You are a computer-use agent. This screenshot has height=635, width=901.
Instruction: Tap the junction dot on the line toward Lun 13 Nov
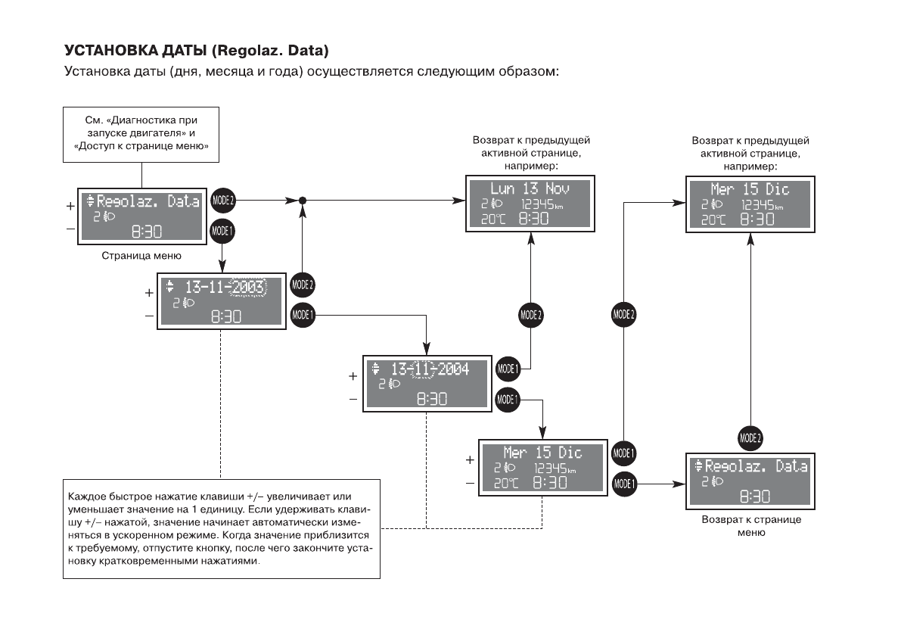click(302, 201)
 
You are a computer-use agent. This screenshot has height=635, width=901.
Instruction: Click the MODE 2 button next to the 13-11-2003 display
click(302, 285)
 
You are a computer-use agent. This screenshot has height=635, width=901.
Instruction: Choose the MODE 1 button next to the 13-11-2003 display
click(302, 313)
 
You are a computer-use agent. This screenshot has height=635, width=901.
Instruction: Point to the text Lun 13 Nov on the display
click(530, 188)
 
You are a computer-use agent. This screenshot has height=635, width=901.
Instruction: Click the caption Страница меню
click(141, 256)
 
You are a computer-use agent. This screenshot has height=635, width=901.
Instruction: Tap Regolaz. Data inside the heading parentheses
click(269, 51)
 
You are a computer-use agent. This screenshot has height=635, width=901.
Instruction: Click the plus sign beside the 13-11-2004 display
click(353, 375)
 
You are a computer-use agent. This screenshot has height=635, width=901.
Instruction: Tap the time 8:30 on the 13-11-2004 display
click(431, 399)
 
